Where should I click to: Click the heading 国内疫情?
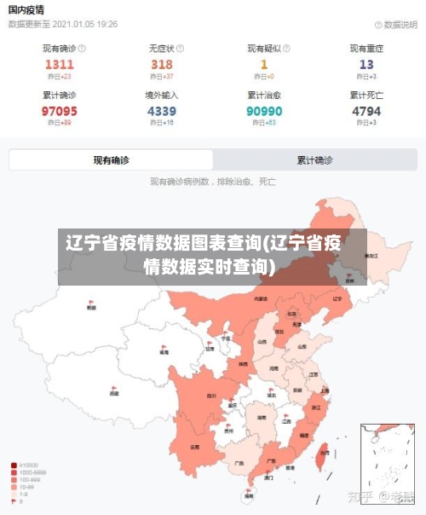(26, 9)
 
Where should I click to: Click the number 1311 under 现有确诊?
(60, 64)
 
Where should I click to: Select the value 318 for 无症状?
(162, 64)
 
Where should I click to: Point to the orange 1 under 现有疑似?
(264, 64)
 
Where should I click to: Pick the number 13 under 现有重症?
(366, 64)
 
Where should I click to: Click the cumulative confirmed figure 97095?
(60, 111)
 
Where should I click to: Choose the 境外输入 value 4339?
(162, 111)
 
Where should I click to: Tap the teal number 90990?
(264, 111)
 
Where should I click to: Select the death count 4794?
(366, 111)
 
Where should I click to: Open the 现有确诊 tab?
(111, 159)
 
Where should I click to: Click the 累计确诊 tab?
(315, 159)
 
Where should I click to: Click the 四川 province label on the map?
(210, 396)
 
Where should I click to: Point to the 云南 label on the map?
(195, 446)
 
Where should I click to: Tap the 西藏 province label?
(114, 393)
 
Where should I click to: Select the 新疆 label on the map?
(91, 307)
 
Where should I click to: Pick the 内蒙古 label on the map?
(260, 299)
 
